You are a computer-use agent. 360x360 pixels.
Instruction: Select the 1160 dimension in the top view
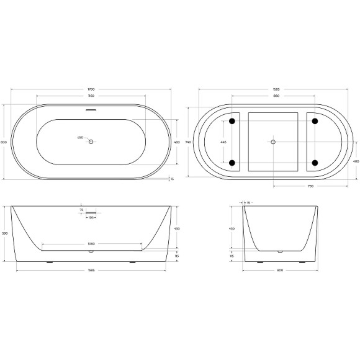[91, 96]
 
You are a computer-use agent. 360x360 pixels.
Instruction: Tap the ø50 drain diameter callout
[80, 137]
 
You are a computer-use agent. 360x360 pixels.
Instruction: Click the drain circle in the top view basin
[91, 142]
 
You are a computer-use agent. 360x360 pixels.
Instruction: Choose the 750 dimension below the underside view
[310, 186]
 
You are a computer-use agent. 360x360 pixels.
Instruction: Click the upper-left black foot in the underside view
[232, 120]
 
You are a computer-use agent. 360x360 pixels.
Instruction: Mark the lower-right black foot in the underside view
[314, 164]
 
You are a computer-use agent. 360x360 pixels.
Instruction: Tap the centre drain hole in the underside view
[272, 142]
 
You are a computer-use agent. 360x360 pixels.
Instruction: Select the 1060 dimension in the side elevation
[91, 244]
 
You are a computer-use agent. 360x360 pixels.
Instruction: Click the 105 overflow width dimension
[91, 218]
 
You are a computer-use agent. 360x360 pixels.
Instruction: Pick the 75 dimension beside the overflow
[81, 210]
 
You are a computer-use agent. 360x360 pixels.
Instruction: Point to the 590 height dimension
[5, 233]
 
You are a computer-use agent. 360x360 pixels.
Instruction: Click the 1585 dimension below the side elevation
[91, 270]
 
